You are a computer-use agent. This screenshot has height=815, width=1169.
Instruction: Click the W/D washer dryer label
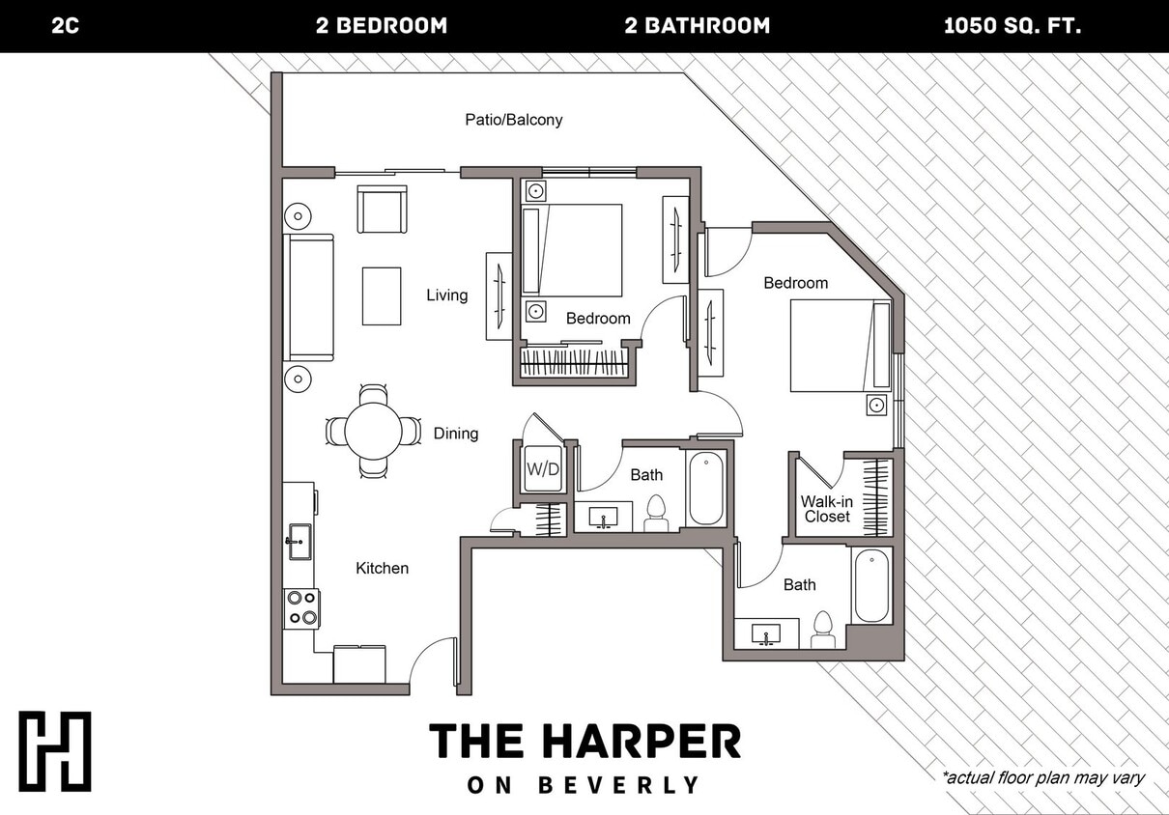[x=542, y=469]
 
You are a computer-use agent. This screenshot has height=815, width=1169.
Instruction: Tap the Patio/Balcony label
[x=513, y=120]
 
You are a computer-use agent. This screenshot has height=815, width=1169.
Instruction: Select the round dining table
[x=373, y=431]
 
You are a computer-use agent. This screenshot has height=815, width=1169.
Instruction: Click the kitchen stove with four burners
[x=301, y=607]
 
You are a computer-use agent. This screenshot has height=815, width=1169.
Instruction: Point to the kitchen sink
[x=299, y=541]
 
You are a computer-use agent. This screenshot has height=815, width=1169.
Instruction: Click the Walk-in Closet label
[x=826, y=509]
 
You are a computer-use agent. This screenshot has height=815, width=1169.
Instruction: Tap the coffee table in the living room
[x=382, y=295]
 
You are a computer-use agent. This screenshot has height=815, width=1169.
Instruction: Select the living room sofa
[x=308, y=297]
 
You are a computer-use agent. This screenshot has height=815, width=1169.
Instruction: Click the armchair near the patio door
[x=382, y=210]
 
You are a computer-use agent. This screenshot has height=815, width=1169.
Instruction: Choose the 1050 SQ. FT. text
[x=1012, y=26]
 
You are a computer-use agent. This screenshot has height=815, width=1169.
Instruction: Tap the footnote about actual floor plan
[x=1042, y=777]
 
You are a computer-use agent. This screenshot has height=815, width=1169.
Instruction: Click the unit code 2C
[x=65, y=26]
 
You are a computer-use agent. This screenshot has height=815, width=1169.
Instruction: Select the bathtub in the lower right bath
[x=872, y=586]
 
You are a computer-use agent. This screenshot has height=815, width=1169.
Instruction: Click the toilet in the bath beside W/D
[x=657, y=513]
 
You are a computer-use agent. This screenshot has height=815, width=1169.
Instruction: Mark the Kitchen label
[x=382, y=568]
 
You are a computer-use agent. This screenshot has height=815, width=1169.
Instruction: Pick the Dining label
[x=455, y=434]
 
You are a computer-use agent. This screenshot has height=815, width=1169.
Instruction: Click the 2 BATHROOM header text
[x=697, y=26]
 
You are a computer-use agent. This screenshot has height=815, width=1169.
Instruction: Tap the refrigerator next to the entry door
[x=359, y=664]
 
